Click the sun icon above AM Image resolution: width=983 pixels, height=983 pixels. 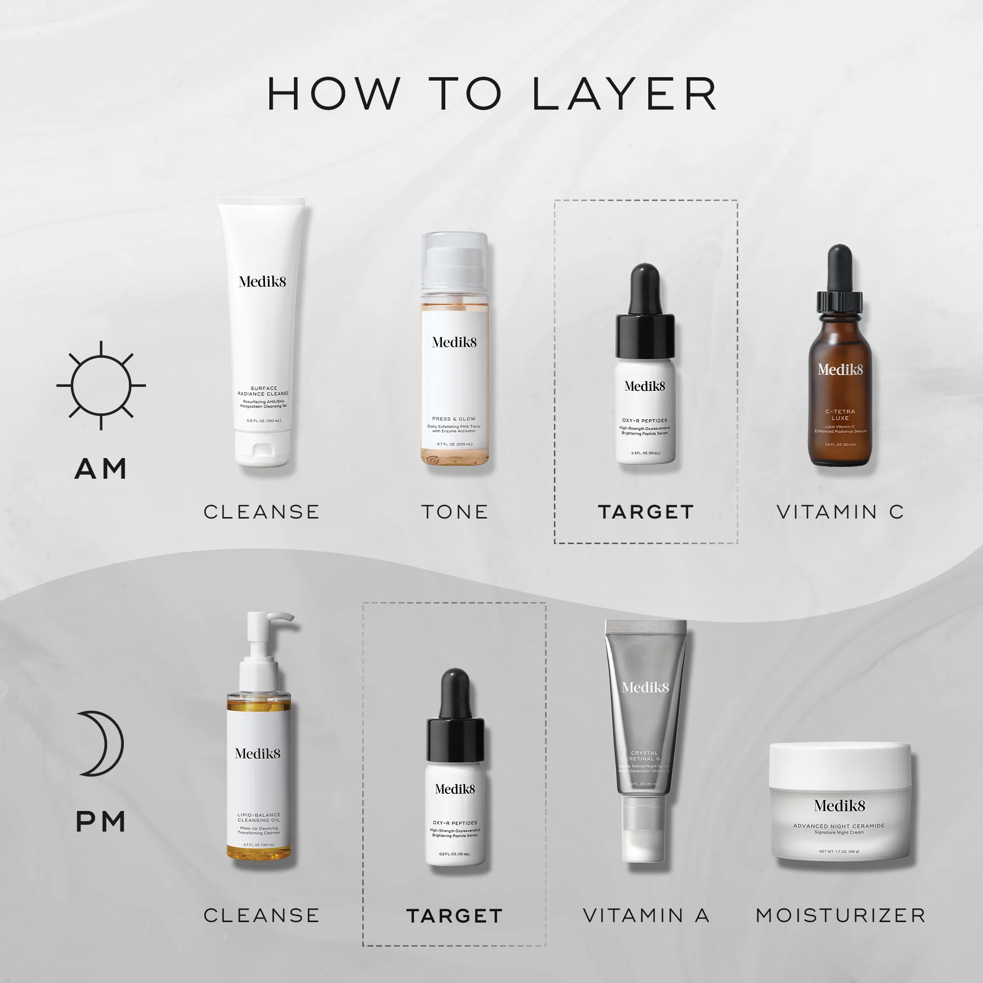click(101, 385)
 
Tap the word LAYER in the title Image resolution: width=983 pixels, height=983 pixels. click(625, 94)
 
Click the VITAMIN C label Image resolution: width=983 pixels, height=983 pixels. click(840, 512)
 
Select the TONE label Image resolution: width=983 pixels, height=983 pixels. click(454, 512)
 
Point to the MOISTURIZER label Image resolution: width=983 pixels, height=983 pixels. click(840, 915)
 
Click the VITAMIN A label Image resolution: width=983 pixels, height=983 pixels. click(646, 915)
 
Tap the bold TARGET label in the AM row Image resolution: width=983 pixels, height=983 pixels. click(646, 512)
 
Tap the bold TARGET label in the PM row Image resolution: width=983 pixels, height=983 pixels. click(454, 916)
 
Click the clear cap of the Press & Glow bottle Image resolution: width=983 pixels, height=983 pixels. click(454, 260)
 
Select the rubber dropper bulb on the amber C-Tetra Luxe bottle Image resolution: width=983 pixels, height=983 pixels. click(839, 267)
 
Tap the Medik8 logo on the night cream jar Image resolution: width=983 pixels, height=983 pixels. click(839, 806)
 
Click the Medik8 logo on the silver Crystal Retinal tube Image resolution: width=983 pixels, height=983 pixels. click(645, 688)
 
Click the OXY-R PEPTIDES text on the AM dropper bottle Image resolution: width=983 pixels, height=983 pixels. click(645, 421)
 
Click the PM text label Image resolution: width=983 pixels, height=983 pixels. click(101, 822)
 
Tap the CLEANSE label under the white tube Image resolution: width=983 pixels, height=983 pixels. click(261, 512)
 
